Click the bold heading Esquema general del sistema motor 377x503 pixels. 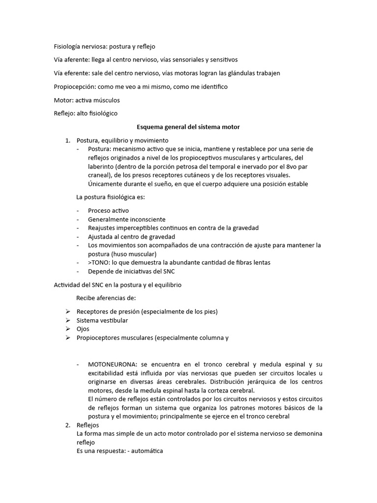[188, 127]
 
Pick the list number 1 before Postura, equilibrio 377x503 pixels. [68, 141]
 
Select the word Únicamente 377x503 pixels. [106, 184]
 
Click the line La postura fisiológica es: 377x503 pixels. [110, 197]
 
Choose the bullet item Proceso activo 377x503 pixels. [108, 211]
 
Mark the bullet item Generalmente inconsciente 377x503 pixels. [127, 220]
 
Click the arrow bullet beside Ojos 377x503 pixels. [67, 329]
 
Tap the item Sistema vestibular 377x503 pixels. [102, 320]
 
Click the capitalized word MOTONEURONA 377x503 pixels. [113, 364]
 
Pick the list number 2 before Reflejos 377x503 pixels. [68, 425]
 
